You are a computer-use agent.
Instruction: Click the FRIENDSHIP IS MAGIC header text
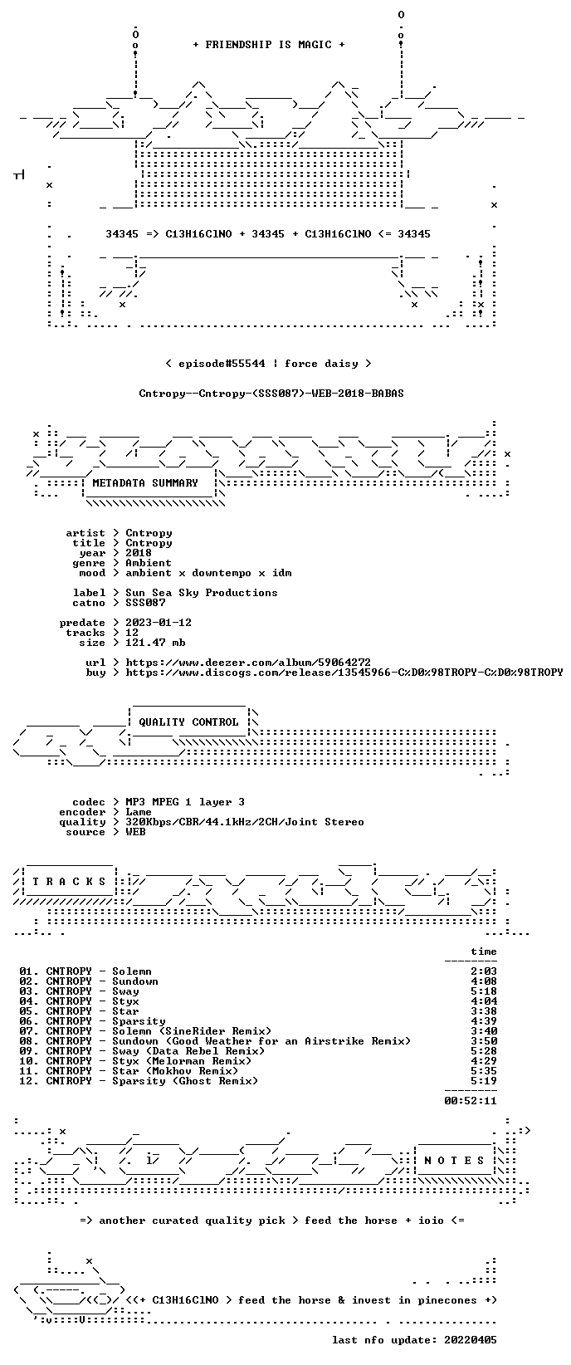269,45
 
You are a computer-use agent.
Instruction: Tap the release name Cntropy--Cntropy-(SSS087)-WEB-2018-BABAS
271,394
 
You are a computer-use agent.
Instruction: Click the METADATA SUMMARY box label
145,483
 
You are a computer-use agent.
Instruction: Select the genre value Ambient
149,563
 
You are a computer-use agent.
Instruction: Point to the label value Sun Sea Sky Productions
202,593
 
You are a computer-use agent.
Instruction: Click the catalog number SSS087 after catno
145,603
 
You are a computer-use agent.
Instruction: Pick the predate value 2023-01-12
159,623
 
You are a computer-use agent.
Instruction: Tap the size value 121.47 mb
155,643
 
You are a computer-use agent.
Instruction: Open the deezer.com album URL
248,663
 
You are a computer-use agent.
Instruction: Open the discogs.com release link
344,673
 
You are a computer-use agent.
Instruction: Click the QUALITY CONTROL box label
188,722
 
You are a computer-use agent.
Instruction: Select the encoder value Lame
139,812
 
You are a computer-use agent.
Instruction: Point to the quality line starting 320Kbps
245,822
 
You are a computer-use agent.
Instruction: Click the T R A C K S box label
69,881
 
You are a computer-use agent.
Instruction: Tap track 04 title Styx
125,1001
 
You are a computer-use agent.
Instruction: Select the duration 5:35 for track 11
483,1071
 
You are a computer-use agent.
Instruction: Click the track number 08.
27,1041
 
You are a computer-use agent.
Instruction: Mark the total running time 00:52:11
471,1100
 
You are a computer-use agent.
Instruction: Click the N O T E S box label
454,1160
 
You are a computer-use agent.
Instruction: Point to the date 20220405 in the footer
471,1340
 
